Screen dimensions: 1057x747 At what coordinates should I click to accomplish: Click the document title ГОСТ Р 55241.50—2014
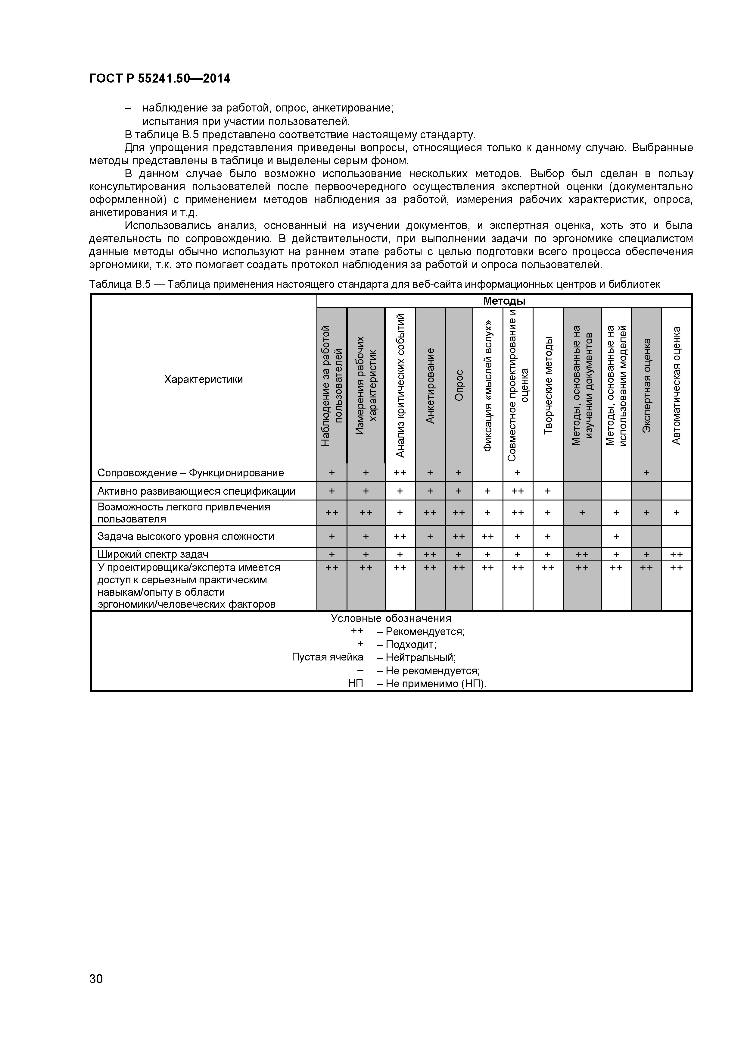coord(160,79)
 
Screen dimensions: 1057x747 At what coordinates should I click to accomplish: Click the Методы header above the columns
coord(504,301)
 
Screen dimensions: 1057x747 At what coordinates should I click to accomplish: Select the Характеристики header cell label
coord(203,380)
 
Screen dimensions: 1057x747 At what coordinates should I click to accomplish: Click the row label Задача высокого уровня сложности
coord(185,536)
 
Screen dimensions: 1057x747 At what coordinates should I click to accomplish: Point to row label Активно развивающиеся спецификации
coord(196,491)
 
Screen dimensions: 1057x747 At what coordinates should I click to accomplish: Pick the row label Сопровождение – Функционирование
coord(190,473)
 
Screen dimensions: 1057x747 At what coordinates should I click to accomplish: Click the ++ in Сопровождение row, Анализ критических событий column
coord(400,473)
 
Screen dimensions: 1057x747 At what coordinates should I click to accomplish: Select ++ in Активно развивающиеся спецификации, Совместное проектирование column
coord(518,491)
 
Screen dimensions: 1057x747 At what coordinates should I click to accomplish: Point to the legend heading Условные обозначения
coord(391,619)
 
